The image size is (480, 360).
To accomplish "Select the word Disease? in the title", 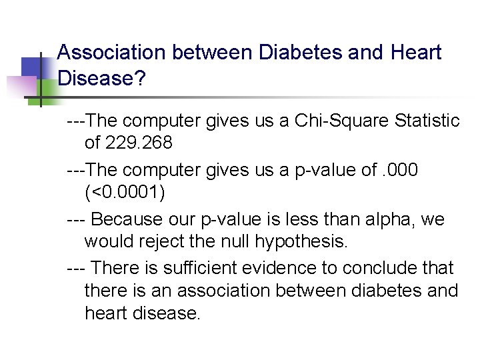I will [102, 78].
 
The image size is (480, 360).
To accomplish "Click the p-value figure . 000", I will [400, 170].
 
